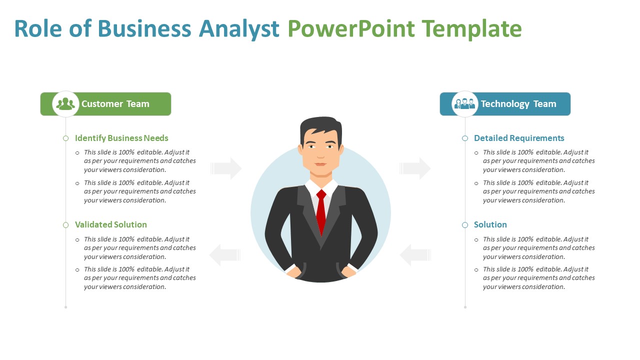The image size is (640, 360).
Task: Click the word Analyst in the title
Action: coord(239,29)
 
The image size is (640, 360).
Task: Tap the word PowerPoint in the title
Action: coord(351,29)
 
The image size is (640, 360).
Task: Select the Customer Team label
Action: coord(115,103)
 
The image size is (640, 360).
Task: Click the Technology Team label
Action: coord(518,104)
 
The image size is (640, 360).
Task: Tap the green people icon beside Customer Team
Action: coord(65,104)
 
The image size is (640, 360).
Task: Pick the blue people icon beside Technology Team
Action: coord(464,103)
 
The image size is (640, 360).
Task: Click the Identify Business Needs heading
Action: coord(121,138)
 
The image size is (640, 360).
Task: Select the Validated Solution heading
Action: coord(111,224)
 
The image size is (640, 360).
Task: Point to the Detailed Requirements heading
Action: coord(519,138)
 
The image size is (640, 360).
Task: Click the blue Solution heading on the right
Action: coord(490,224)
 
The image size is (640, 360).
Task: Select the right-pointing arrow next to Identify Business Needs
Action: coord(226,168)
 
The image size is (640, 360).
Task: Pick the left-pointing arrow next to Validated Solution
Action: coord(225,255)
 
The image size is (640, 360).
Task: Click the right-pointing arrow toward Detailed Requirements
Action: coord(415,168)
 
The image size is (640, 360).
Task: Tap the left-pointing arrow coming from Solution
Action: coord(415,255)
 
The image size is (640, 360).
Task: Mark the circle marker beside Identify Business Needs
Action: coord(65,138)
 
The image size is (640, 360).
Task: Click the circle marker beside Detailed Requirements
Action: coord(465,138)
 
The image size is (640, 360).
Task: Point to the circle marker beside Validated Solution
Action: coord(65,225)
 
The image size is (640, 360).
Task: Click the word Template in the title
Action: coord(471,29)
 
